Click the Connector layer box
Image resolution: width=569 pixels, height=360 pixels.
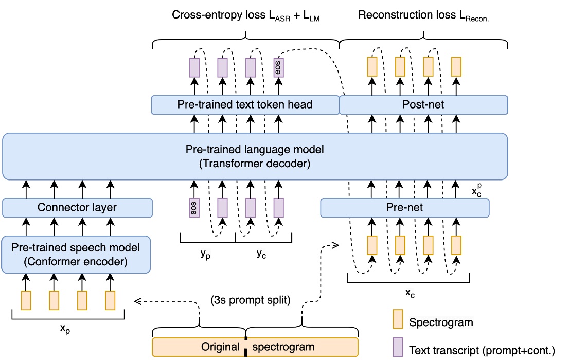[x=77, y=208]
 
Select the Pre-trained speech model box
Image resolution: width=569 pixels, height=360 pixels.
[x=76, y=254]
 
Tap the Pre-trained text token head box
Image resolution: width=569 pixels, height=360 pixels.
[x=245, y=104]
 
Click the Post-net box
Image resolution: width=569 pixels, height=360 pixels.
[x=423, y=104]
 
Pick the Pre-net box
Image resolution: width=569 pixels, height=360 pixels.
[x=404, y=208]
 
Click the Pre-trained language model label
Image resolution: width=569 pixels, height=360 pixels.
[x=255, y=150]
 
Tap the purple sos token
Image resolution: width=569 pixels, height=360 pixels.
[x=194, y=208]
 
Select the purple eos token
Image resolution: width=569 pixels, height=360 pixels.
[x=278, y=67]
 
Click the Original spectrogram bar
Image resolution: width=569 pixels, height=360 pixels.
[x=255, y=347]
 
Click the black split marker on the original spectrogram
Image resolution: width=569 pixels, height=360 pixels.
[x=246, y=347]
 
